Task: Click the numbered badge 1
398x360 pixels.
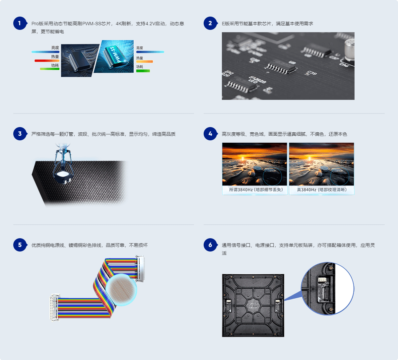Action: [20, 23]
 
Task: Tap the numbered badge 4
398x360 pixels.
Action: [210, 134]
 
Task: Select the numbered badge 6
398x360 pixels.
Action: [210, 245]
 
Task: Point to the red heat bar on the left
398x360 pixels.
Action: [47, 61]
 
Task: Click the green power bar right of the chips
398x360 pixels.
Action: [143, 71]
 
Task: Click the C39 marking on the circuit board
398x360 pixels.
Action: [312, 73]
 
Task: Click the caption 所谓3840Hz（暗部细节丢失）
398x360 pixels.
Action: [256, 190]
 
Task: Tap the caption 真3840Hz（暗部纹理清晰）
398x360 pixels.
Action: [322, 190]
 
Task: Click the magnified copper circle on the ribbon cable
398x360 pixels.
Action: [121, 290]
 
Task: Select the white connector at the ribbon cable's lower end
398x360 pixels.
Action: [54, 307]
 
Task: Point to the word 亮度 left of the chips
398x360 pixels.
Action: [55, 48]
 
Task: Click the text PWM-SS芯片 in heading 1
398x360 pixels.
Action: [97, 24]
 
